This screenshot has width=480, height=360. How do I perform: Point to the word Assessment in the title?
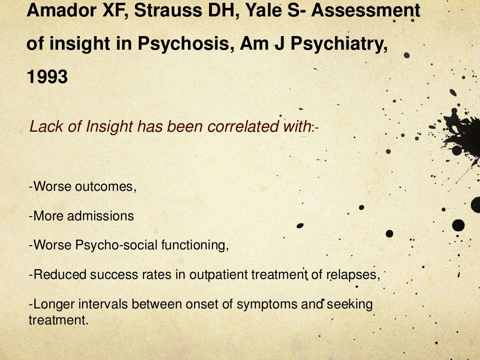pyautogui.click(x=366, y=10)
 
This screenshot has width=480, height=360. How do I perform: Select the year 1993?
pyautogui.click(x=47, y=77)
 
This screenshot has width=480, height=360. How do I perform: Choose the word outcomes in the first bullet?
pyautogui.click(x=104, y=187)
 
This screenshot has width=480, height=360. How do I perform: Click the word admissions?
pyautogui.click(x=100, y=216)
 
